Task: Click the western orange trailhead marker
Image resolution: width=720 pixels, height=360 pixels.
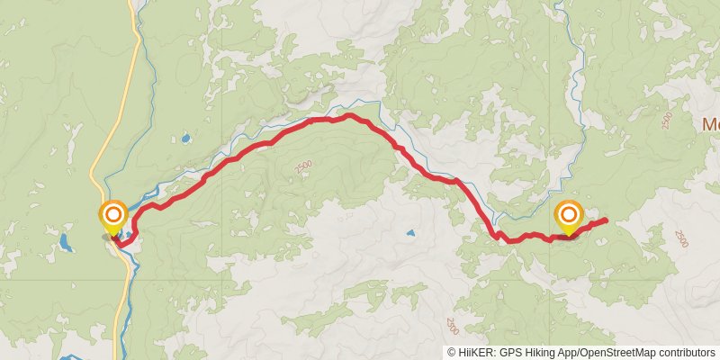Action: click(x=112, y=216)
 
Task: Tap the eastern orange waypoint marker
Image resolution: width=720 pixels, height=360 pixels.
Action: click(x=569, y=215)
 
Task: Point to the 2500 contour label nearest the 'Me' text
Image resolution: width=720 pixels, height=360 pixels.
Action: click(x=667, y=121)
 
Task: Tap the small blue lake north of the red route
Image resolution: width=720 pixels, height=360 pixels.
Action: click(x=185, y=139)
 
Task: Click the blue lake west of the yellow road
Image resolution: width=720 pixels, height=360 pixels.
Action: click(x=65, y=243)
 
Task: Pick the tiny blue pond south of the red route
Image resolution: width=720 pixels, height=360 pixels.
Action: click(x=410, y=233)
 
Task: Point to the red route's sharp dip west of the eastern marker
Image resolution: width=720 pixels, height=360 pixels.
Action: click(x=498, y=236)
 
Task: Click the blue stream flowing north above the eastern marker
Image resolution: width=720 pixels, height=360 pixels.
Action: click(x=560, y=36)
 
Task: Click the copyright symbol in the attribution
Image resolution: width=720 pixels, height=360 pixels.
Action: click(x=451, y=352)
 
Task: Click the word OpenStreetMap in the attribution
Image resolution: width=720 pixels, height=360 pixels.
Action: click(x=617, y=352)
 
